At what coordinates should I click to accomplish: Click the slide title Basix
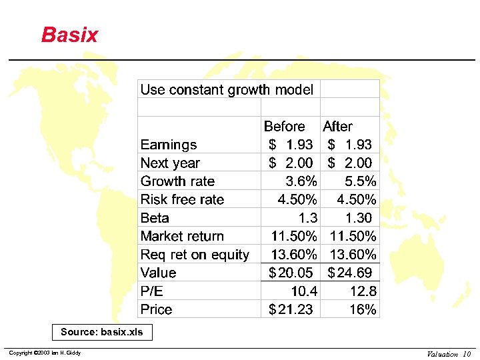pyautogui.click(x=69, y=35)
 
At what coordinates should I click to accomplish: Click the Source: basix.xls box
pyautogui.click(x=102, y=332)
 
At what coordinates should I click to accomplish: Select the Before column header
pyautogui.click(x=284, y=126)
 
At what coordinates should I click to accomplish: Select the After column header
pyautogui.click(x=337, y=126)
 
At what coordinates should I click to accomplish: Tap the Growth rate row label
pyautogui.click(x=177, y=181)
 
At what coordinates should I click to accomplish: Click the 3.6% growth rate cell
pyautogui.click(x=301, y=181)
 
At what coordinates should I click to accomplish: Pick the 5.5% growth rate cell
pyautogui.click(x=360, y=181)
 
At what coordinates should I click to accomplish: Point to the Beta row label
pyautogui.click(x=155, y=218)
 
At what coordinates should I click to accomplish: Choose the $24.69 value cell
pyautogui.click(x=350, y=273)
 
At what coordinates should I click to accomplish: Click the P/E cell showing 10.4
pyautogui.click(x=304, y=291)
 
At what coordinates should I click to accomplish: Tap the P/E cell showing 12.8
pyautogui.click(x=363, y=291)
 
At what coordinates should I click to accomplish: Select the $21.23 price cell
pyautogui.click(x=290, y=309)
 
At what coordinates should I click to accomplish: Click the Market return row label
pyautogui.click(x=182, y=236)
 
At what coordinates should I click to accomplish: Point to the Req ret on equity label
pyautogui.click(x=195, y=255)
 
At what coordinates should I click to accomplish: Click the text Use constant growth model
pyautogui.click(x=227, y=90)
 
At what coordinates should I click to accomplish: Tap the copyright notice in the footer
pyautogui.click(x=43, y=353)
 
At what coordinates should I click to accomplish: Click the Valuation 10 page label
pyautogui.click(x=449, y=354)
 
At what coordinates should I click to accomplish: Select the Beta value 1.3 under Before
pyautogui.click(x=308, y=218)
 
